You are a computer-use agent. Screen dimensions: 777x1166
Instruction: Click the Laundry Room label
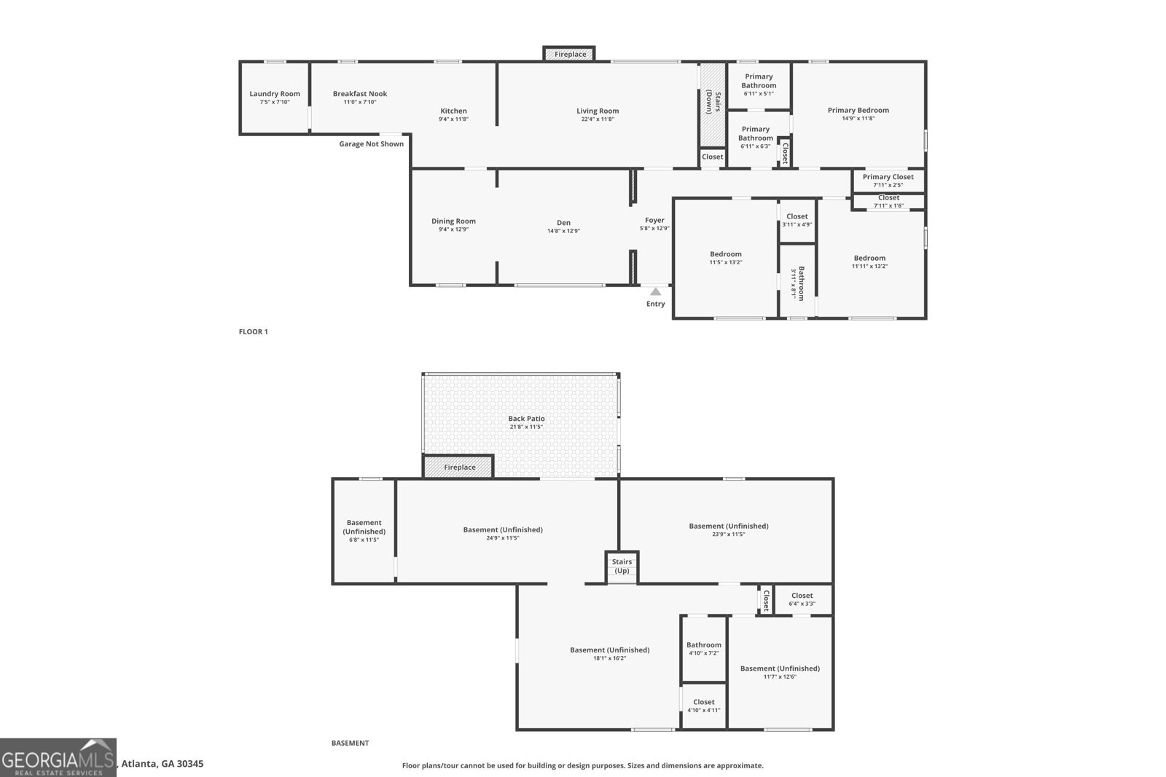click(x=275, y=94)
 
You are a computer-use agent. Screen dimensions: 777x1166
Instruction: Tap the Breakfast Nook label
click(x=360, y=94)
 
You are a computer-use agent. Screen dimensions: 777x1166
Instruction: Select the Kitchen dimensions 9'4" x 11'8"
click(x=453, y=119)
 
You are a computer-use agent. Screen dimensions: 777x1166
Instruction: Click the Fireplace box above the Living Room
click(x=569, y=55)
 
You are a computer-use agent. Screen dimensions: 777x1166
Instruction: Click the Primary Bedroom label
click(x=858, y=111)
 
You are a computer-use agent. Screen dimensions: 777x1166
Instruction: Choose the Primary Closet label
click(x=888, y=177)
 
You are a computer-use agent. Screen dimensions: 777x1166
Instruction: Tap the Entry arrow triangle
click(x=655, y=291)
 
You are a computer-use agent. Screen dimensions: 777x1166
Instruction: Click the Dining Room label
click(x=453, y=221)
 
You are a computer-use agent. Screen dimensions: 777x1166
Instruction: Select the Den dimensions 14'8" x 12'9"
click(x=563, y=232)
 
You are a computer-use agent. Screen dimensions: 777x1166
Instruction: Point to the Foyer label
click(x=654, y=221)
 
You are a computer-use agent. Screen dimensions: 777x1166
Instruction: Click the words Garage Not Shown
click(x=371, y=144)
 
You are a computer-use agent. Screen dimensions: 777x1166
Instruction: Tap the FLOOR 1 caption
click(x=254, y=332)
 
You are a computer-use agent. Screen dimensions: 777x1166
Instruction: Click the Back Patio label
click(x=526, y=419)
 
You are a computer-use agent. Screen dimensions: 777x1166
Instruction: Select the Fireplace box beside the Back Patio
click(x=459, y=468)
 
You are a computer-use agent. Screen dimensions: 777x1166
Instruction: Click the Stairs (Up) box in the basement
click(x=622, y=567)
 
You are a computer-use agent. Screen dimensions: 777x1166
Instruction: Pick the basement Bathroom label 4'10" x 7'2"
click(x=703, y=645)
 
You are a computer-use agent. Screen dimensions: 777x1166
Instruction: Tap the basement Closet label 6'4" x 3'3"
click(x=802, y=596)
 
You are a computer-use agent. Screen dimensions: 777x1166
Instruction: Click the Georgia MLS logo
click(x=58, y=757)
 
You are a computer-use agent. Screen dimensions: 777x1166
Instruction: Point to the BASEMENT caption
click(x=350, y=744)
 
